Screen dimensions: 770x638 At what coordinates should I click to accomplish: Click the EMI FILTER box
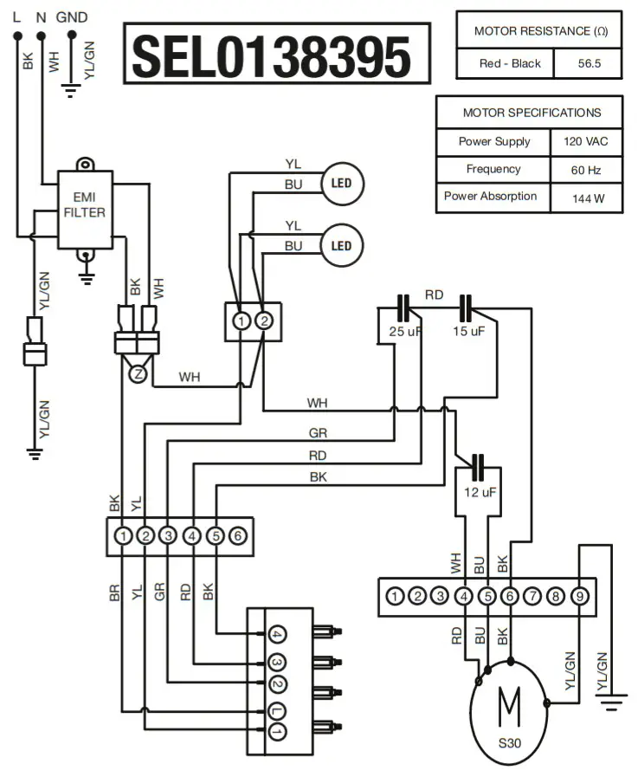(85, 205)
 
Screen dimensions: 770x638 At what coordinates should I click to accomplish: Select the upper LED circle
(342, 184)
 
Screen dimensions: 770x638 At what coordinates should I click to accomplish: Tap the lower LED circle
(342, 245)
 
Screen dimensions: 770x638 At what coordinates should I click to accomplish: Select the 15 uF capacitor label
(468, 333)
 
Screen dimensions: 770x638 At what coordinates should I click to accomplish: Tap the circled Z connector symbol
(137, 374)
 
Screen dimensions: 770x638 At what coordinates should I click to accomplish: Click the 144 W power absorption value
(586, 198)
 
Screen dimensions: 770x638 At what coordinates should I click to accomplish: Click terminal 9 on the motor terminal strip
(579, 596)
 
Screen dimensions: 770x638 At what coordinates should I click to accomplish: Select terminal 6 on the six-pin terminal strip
(237, 535)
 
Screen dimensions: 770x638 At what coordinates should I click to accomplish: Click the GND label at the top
(71, 17)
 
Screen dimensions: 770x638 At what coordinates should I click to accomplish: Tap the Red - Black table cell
(510, 63)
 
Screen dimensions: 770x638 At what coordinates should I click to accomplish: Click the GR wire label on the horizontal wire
(318, 433)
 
